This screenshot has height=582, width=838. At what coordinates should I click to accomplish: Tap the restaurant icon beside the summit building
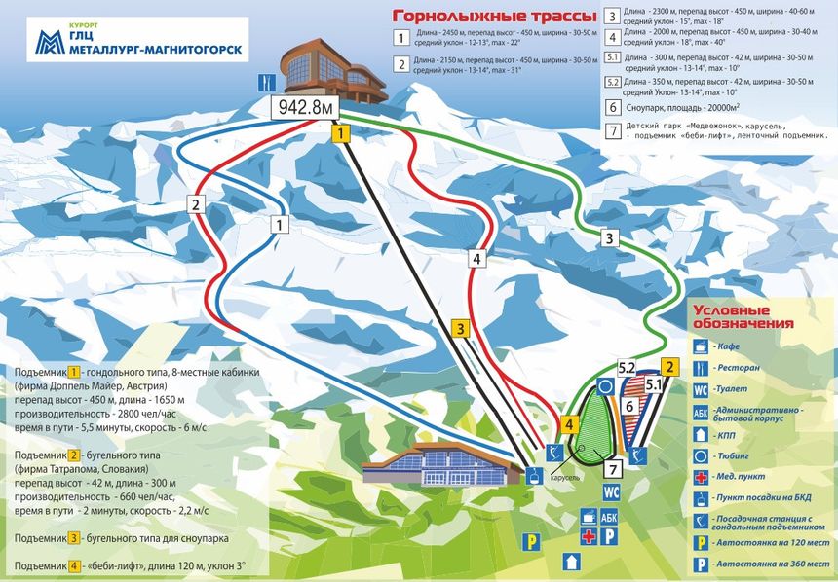click(x=263, y=81)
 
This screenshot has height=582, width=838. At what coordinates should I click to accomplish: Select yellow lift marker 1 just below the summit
click(x=340, y=134)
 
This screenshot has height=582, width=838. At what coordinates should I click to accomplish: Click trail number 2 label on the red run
click(x=196, y=205)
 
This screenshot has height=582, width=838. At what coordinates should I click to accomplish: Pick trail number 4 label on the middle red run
click(x=476, y=259)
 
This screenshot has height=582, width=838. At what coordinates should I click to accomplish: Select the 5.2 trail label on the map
click(x=628, y=367)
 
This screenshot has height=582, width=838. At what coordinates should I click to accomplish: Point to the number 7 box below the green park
click(x=614, y=468)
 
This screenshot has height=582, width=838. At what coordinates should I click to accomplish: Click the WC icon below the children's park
click(x=611, y=491)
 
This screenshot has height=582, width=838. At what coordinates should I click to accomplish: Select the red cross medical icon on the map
click(x=589, y=536)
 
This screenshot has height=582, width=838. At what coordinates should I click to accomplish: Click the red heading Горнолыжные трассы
click(x=479, y=17)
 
